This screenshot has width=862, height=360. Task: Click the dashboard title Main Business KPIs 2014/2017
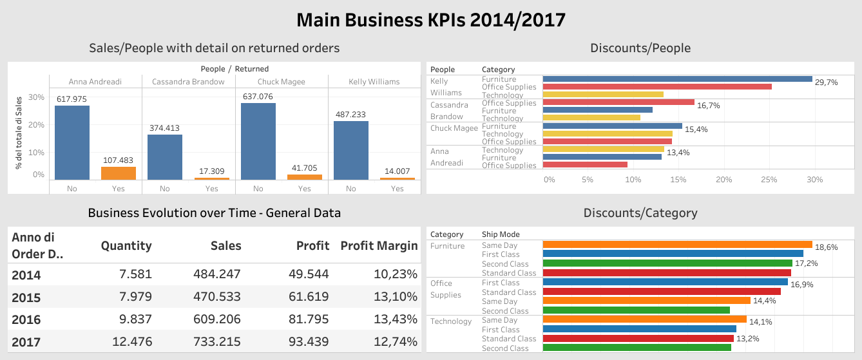[x=430, y=20]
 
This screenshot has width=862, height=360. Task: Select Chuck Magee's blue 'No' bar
[x=258, y=141]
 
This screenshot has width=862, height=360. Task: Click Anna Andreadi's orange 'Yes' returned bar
[x=118, y=173]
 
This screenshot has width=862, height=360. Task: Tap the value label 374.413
[x=165, y=128]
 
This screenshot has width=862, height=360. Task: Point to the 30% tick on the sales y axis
[x=37, y=97]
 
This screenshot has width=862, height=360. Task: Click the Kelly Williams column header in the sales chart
[x=374, y=82]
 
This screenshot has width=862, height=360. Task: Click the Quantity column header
[x=126, y=245]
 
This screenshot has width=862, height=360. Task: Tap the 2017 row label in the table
[x=26, y=342]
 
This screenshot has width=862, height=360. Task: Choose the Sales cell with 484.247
[x=217, y=274]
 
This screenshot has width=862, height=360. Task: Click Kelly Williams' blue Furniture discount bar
[x=677, y=79]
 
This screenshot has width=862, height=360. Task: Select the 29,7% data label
[x=826, y=82]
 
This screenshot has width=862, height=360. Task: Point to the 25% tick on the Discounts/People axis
[x=769, y=180]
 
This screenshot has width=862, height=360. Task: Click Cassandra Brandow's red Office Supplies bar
[x=618, y=102]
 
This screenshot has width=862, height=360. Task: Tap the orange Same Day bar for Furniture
[x=677, y=245]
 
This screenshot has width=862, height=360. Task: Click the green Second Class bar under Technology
[x=637, y=348]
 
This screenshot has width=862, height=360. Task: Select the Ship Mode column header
[x=501, y=234]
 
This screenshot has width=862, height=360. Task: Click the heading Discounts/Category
[x=640, y=213]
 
